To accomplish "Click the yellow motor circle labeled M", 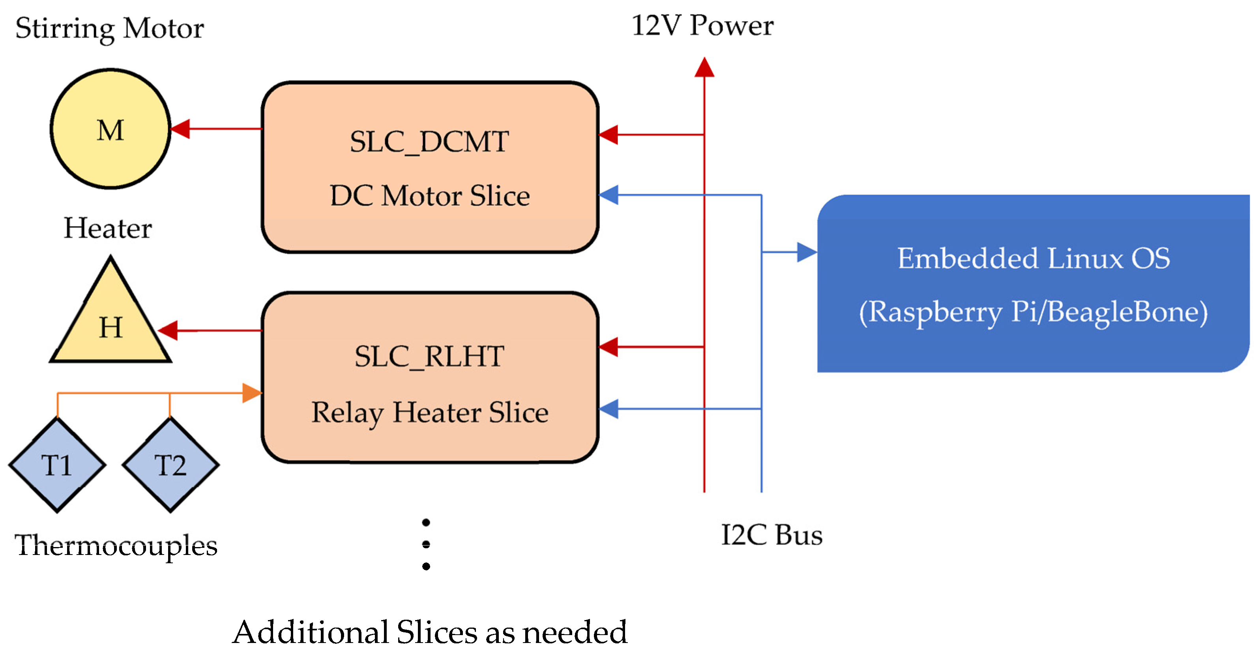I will click(x=110, y=129).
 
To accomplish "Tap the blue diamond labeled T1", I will click(x=57, y=465).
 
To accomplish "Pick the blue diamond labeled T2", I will click(x=170, y=465).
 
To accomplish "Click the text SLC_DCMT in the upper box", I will click(x=429, y=142).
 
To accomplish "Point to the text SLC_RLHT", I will click(x=429, y=356).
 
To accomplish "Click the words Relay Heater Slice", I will click(x=429, y=412).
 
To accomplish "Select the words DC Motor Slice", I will click(x=429, y=196).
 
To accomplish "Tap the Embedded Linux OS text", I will click(x=1033, y=258).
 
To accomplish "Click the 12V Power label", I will click(x=702, y=25).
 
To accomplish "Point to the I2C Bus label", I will click(x=772, y=535).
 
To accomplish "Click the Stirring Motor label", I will click(x=110, y=28).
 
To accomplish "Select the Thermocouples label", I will click(x=116, y=545).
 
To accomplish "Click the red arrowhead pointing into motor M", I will click(x=180, y=129).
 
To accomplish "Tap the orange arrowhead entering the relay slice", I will click(x=251, y=393).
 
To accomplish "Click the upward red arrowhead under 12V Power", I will click(x=704, y=67).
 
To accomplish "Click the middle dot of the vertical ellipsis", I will click(x=426, y=544).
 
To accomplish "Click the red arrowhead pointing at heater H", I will click(x=168, y=330).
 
